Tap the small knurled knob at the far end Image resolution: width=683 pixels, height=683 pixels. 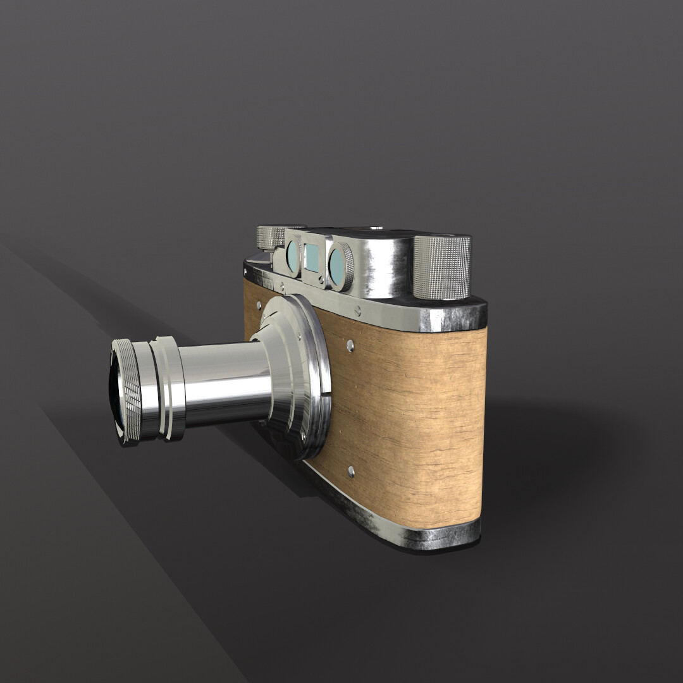tap(270, 237)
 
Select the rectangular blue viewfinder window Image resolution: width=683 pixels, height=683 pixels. tap(311, 257)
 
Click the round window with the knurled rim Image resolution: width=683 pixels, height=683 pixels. tap(340, 267)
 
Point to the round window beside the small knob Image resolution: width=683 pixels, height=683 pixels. tap(292, 255)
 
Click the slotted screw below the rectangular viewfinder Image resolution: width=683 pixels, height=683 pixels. tap(321, 279)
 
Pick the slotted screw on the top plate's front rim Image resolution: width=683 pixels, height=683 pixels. tap(358, 311)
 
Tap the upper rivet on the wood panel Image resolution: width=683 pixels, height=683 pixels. tap(350, 345)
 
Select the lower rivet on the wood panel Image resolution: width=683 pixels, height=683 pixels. tap(351, 471)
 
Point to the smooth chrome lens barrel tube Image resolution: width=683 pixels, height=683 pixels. tap(221, 383)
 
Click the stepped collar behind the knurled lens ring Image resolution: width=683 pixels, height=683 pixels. tap(168, 387)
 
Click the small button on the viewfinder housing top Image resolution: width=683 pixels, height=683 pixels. tap(377, 227)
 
